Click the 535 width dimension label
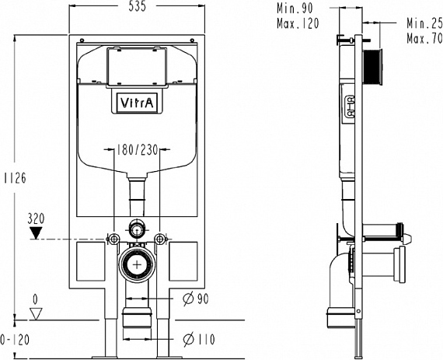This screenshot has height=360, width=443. [x=138, y=6]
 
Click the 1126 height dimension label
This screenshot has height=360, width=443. [x=16, y=178]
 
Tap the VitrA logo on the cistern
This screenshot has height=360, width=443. [x=137, y=103]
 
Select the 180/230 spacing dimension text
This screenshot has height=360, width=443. [x=138, y=150]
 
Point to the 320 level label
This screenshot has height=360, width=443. [x=37, y=218]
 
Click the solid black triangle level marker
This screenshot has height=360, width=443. [x=37, y=232]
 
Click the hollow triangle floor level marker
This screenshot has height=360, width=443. [x=36, y=313]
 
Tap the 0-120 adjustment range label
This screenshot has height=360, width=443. [x=15, y=339]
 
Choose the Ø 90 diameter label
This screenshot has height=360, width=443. [x=196, y=299]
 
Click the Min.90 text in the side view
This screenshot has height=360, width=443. [x=295, y=9]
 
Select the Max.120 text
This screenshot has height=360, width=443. [x=298, y=23]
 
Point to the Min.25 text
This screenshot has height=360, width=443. [x=424, y=23]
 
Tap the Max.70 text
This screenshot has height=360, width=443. [x=424, y=38]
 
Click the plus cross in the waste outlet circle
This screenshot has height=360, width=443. [x=137, y=265]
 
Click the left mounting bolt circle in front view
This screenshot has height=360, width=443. [x=113, y=239]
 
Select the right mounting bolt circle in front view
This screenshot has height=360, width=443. [x=160, y=239]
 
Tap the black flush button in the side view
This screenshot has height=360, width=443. [x=372, y=67]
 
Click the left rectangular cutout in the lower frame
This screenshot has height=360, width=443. [x=91, y=261]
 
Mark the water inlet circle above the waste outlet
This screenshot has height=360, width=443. [x=137, y=229]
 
